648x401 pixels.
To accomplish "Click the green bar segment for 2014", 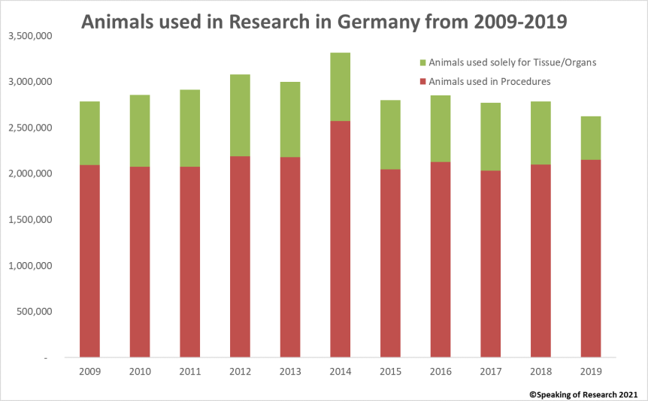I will pyautogui.click(x=340, y=87).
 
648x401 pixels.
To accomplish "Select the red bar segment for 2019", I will pyautogui.click(x=590, y=258).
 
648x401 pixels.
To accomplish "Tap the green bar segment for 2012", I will pyautogui.click(x=240, y=116).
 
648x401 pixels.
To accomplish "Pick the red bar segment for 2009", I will pyautogui.click(x=89, y=261).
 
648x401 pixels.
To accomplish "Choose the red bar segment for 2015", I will pyautogui.click(x=390, y=263).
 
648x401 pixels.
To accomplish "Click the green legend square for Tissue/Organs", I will pyautogui.click(x=423, y=62).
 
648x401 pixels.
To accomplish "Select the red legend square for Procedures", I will pyautogui.click(x=423, y=81).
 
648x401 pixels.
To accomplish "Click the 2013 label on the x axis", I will pyautogui.click(x=289, y=370).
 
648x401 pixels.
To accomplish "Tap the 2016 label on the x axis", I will pyautogui.click(x=440, y=370).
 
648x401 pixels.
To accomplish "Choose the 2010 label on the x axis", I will pyautogui.click(x=140, y=370).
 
